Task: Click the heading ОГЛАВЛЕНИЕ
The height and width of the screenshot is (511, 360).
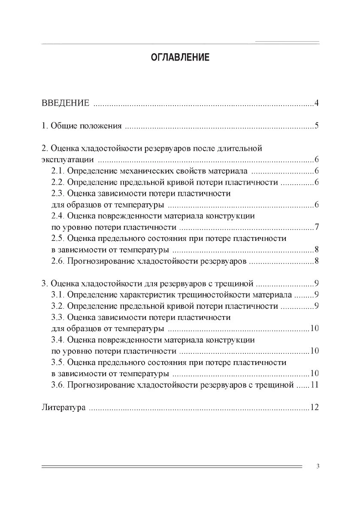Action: click(x=180, y=58)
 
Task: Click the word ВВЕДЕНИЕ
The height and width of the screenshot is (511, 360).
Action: click(x=65, y=103)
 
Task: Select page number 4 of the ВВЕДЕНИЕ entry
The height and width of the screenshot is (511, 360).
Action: click(x=316, y=103)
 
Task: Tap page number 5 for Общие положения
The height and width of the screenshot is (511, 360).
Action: click(x=316, y=126)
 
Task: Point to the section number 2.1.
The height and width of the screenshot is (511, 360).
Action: click(x=57, y=171)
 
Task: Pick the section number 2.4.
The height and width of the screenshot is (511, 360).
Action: click(x=57, y=216)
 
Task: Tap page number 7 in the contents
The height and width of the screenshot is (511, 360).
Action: click(x=316, y=227)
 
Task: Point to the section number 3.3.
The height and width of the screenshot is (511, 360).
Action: click(x=57, y=317)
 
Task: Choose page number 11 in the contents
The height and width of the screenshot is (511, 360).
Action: click(x=314, y=384)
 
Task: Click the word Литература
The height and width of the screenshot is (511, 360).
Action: click(x=63, y=407)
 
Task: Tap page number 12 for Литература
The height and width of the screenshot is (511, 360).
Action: click(x=314, y=407)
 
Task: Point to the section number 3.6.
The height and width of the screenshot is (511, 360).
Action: click(x=57, y=384)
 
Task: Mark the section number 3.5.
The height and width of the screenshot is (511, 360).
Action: click(x=57, y=362)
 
